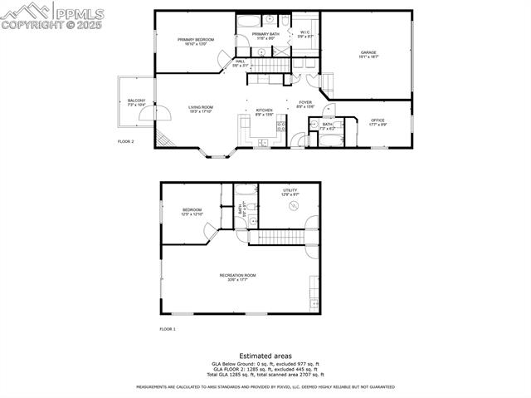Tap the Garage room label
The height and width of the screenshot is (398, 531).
click(x=368, y=53)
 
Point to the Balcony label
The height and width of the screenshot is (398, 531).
click(x=136, y=101)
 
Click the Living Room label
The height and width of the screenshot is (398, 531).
click(x=201, y=107)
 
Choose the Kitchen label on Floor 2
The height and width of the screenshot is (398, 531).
click(x=264, y=111)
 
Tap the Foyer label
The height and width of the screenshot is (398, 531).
click(x=305, y=103)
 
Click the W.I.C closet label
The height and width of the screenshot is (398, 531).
click(x=305, y=32)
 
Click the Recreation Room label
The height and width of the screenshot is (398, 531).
click(x=237, y=275)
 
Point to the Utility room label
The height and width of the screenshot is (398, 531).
click(x=290, y=190)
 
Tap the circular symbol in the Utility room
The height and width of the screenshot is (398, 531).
click(x=292, y=205)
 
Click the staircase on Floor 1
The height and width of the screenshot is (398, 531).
click(x=278, y=238)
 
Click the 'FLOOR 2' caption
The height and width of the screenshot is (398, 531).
click(x=126, y=142)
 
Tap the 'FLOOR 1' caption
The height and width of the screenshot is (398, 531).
click(x=168, y=329)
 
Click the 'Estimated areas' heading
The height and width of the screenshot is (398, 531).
click(x=265, y=355)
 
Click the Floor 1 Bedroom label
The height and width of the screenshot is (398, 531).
click(x=192, y=210)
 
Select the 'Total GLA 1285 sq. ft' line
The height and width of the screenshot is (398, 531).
click(x=265, y=375)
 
